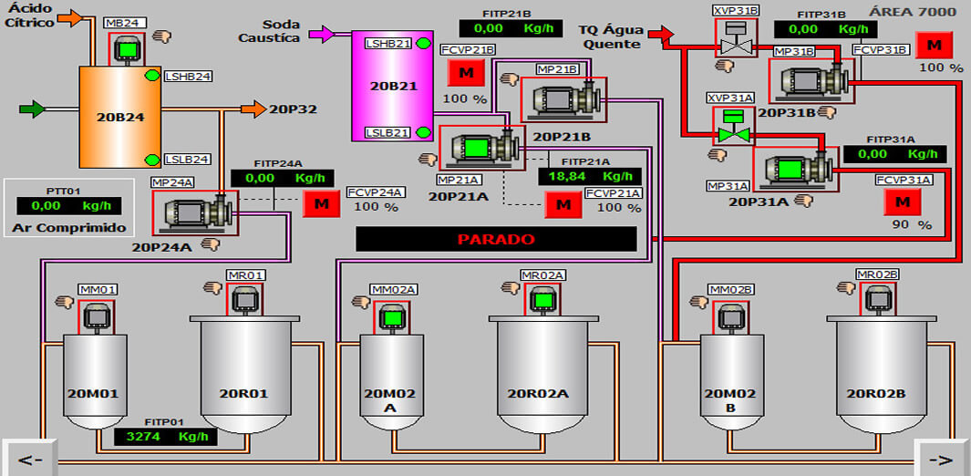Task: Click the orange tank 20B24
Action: [x=116, y=117]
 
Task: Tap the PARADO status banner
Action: [x=496, y=239]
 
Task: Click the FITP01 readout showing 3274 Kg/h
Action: [x=167, y=437]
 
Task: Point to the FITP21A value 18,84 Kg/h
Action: [x=589, y=176]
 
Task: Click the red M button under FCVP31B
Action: [x=933, y=45]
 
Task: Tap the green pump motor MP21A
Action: [x=475, y=147]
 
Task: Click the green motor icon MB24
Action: [x=127, y=48]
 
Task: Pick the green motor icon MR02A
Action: [x=542, y=299]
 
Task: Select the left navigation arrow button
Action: [x=30, y=459]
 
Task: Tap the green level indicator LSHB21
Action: [x=423, y=44]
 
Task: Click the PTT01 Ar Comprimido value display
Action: [x=65, y=206]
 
